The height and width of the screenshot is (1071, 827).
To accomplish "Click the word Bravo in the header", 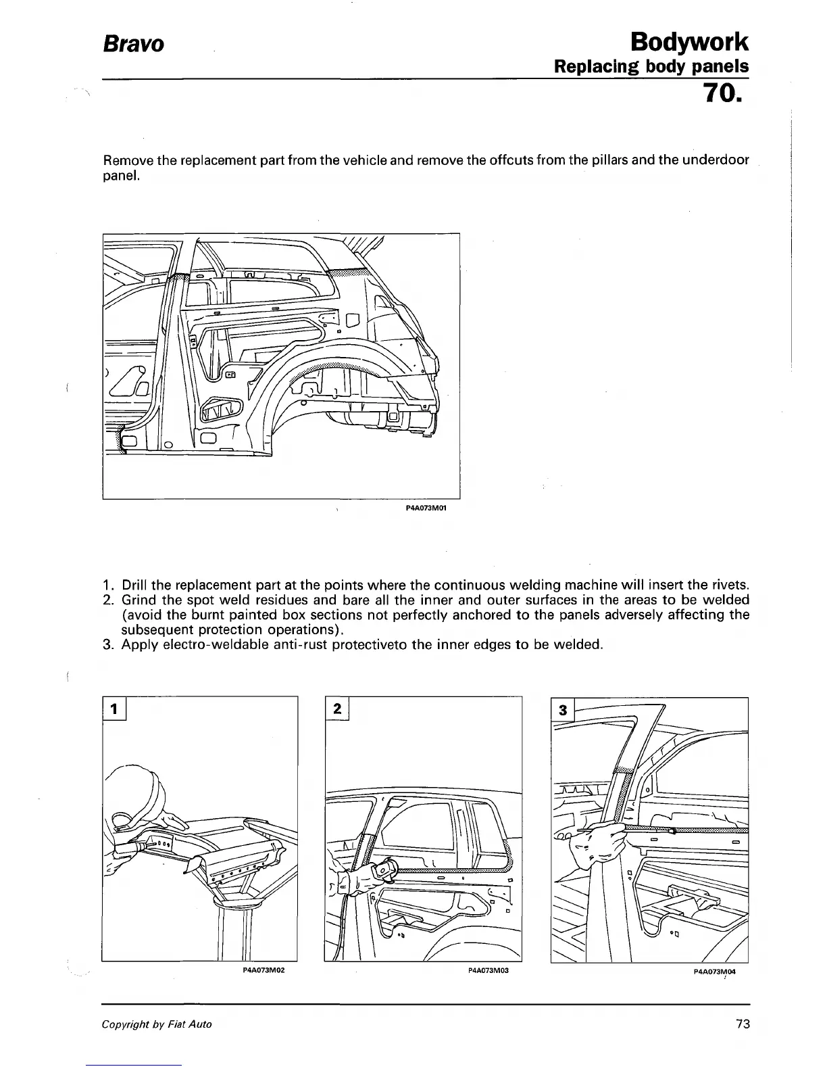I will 133,45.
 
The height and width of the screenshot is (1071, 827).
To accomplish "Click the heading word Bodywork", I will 688,42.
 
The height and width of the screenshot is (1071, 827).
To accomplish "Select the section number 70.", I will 722,93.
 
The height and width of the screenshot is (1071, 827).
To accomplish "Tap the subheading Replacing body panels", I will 651,67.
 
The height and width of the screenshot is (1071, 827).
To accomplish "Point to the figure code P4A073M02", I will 262,971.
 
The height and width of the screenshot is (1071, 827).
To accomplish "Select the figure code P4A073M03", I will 487,971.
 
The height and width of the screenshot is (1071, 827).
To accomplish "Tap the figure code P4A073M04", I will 713,971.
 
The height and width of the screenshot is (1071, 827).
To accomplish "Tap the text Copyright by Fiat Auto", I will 157,1024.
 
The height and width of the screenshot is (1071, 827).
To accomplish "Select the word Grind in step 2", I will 139,600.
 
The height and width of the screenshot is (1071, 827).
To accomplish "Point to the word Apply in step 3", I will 140,644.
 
